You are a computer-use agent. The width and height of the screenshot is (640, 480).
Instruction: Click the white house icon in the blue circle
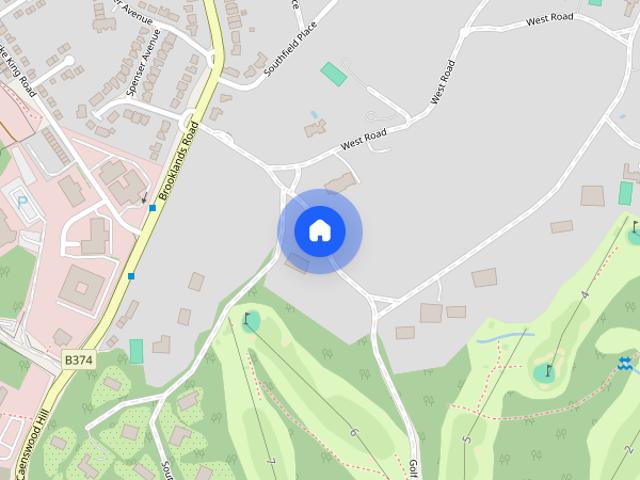[x=319, y=231]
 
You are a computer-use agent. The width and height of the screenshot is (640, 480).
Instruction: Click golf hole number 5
[x=466, y=438]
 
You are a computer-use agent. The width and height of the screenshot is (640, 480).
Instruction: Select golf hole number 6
[x=353, y=432]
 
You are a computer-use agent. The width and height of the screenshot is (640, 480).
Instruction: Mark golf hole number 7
[x=271, y=461]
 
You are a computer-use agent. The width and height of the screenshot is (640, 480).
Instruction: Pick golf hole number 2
[x=628, y=450]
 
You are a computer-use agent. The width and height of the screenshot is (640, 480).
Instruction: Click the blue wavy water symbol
[x=626, y=362]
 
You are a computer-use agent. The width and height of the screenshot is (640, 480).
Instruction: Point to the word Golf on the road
[x=412, y=468]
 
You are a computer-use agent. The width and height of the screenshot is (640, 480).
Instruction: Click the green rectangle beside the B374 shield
[x=136, y=351]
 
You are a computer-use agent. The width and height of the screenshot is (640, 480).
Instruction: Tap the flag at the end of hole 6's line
[x=247, y=319]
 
